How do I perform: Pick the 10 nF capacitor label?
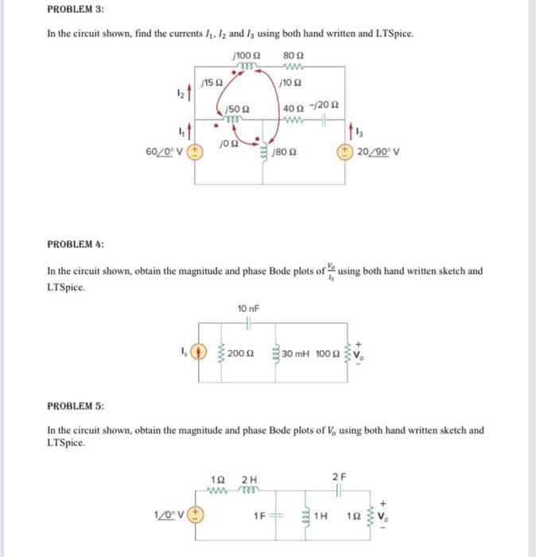[249, 308]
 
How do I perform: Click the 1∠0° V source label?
[169, 514]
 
